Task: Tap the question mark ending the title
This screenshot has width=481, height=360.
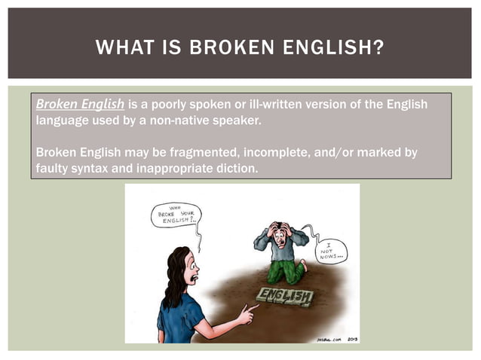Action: [379, 50]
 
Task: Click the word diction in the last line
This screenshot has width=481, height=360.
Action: [234, 168]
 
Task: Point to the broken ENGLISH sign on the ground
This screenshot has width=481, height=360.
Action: [285, 297]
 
